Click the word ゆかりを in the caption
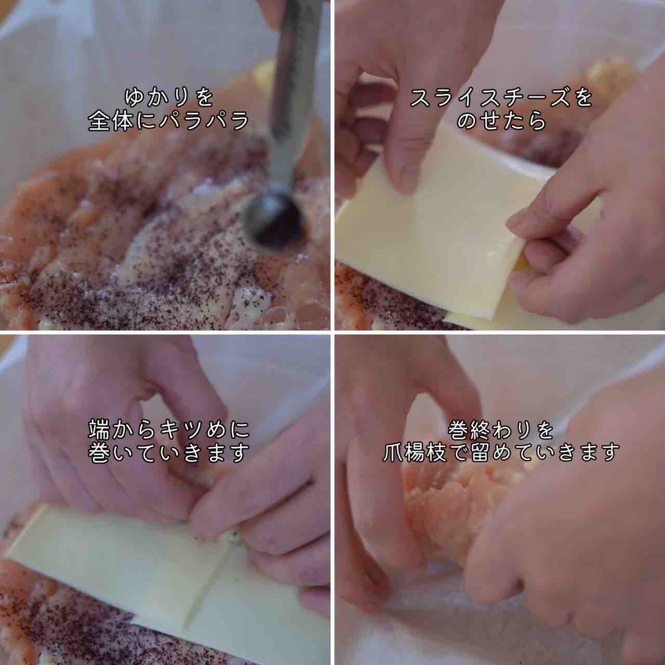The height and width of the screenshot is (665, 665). (x=169, y=97)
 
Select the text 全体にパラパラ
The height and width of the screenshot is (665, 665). (x=169, y=121)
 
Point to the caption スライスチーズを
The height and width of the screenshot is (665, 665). (x=501, y=98)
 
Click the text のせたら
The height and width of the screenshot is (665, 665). (x=501, y=121)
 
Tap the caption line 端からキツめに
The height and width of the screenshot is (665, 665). (x=169, y=429)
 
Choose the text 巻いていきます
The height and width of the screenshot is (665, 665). (x=169, y=453)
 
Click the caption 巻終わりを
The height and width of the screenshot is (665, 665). (x=501, y=430)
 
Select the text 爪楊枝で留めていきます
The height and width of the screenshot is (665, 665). (x=501, y=453)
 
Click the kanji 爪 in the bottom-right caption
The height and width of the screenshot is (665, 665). (x=393, y=453)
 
